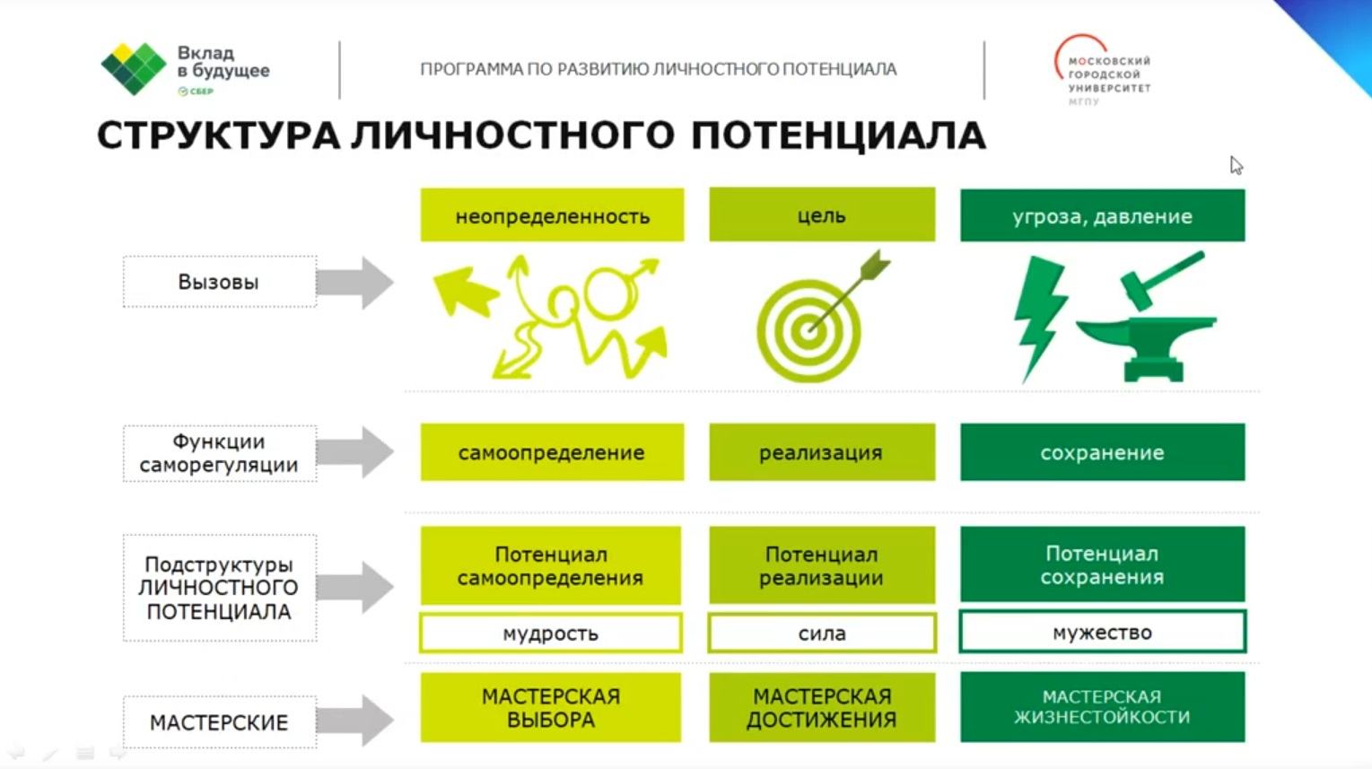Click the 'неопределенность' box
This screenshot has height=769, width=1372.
tap(552, 214)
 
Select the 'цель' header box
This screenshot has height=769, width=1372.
tap(822, 214)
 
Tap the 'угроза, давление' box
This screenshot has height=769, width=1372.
tap(1103, 214)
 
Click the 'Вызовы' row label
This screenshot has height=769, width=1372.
tap(220, 282)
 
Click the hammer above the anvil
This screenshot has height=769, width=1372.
tap(1159, 278)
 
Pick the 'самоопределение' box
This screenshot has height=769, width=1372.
tap(552, 452)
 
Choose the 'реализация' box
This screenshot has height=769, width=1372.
tap(822, 452)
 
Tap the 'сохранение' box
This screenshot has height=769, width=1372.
tap(1103, 452)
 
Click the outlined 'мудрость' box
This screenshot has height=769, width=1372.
tap(551, 633)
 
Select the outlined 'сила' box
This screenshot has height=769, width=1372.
tap(822, 633)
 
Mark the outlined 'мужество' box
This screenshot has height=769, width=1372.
tap(1103, 631)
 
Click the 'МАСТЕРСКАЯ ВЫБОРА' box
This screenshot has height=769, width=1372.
tap(551, 707)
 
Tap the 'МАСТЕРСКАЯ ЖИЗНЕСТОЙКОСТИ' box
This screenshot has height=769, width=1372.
tap(1103, 706)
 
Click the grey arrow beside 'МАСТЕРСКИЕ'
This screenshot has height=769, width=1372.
tap(355, 720)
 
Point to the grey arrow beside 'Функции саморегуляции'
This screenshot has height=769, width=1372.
tap(355, 452)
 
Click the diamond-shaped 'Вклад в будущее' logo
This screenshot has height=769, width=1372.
tap(134, 68)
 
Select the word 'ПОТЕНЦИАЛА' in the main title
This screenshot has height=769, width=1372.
tap(838, 135)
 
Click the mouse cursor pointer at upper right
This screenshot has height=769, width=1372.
tap(1236, 165)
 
